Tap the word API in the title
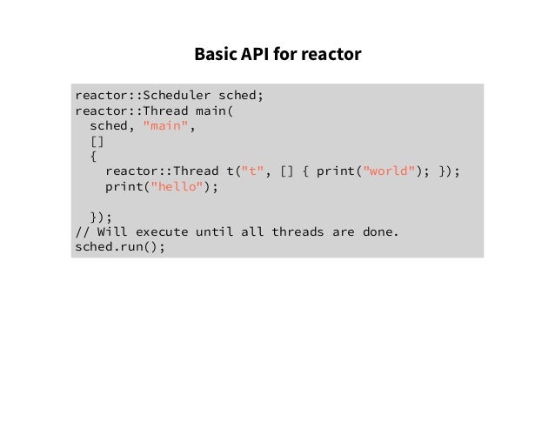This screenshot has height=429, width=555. [x=252, y=55]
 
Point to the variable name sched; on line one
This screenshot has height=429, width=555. [x=240, y=95]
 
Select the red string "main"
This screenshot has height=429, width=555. [x=165, y=126]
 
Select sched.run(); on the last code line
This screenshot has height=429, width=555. [x=120, y=247]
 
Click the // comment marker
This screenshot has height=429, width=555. [x=83, y=232]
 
